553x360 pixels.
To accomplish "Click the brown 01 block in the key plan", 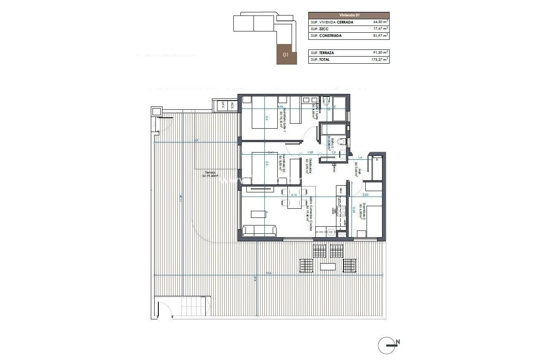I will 286,54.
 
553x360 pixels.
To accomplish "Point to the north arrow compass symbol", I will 388,345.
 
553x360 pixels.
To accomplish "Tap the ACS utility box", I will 232,105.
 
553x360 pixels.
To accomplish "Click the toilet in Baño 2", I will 341,141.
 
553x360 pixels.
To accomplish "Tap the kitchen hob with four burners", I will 341,211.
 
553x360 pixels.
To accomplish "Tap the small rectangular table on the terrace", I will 328,267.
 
